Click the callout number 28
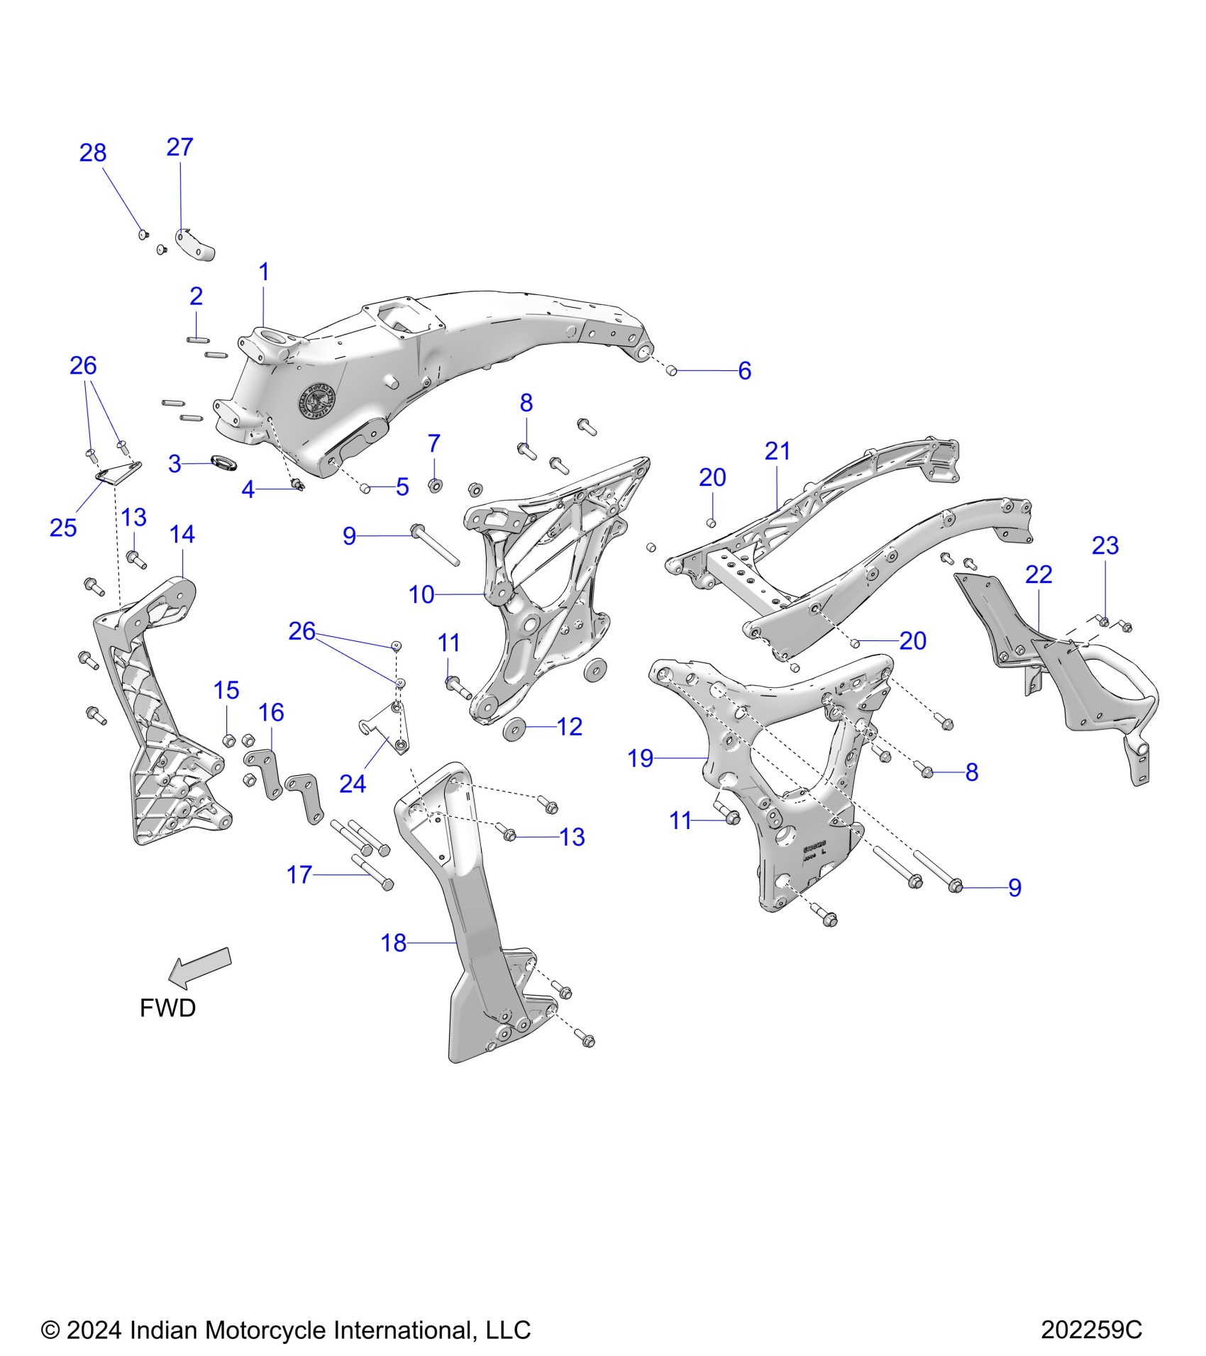pos(93,153)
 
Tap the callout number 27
pos(179,148)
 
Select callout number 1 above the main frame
pos(264,272)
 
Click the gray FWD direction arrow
pos(202,967)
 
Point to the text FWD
pos(167,1008)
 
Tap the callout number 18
pos(394,943)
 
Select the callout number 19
pos(640,758)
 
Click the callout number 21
pos(778,451)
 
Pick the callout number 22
pos(1039,574)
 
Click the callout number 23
pos(1105,545)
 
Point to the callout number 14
pos(182,534)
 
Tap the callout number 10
pos(421,594)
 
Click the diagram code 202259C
pos(1091,1330)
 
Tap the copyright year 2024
pos(96,1330)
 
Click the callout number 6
pos(744,370)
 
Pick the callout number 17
pos(299,875)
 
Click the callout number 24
pos(353,784)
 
